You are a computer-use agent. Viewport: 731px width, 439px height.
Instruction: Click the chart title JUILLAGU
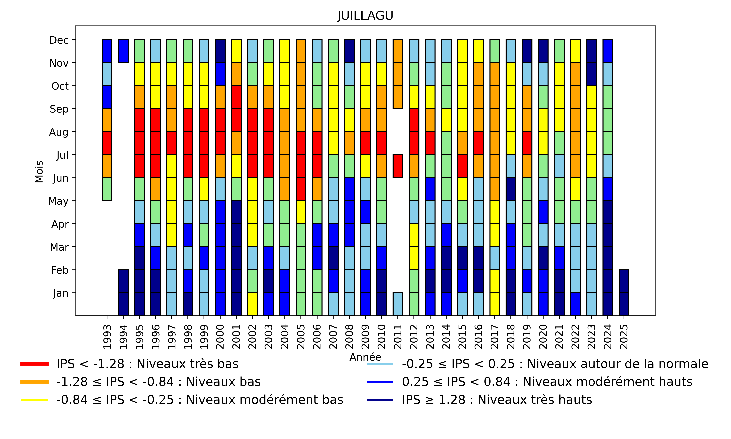[365, 16]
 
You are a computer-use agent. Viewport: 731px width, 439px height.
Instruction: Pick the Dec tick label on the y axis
[59, 40]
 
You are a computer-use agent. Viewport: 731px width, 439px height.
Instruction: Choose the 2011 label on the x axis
[398, 337]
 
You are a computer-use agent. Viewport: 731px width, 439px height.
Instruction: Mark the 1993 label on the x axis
[107, 337]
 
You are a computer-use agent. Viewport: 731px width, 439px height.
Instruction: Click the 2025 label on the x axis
[624, 337]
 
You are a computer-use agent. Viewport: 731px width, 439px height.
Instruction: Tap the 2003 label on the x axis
[268, 337]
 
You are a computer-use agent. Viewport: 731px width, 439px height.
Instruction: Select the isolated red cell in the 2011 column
[398, 166]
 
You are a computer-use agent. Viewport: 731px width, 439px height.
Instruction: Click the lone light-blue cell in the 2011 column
[398, 304]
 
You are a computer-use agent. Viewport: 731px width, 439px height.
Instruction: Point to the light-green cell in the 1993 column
[107, 189]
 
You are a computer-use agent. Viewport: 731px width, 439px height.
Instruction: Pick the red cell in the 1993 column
[107, 143]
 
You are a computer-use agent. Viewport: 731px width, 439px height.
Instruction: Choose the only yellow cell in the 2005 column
[301, 212]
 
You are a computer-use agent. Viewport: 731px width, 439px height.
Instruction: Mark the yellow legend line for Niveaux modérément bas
[35, 400]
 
